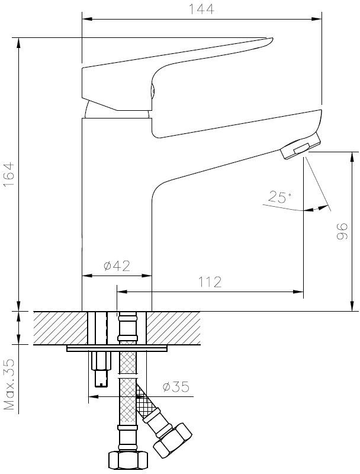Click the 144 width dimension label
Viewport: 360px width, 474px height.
point(201,9)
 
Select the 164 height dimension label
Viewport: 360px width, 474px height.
point(8,175)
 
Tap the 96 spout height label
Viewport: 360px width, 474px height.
point(342,232)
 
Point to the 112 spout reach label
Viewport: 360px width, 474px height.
point(210,282)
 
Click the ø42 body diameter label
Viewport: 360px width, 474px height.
point(117,265)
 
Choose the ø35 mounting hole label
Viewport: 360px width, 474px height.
point(176,386)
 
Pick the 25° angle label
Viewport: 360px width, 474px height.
point(280,197)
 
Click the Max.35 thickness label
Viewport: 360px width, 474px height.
point(9,384)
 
